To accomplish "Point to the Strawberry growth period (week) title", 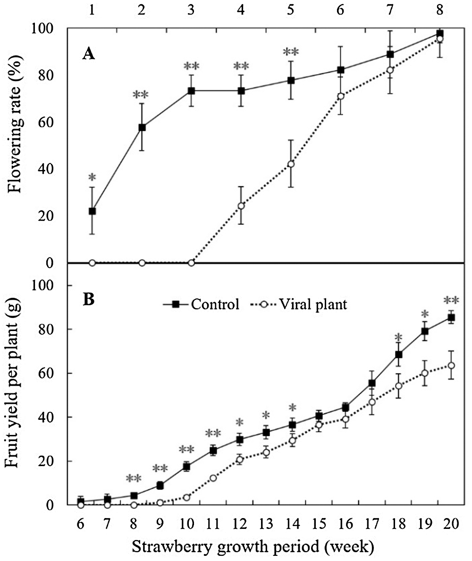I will [x=253, y=548].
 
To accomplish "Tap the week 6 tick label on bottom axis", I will [x=81, y=525].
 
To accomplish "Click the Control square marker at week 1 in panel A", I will [x=92, y=211].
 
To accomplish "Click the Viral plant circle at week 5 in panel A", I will [x=291, y=164].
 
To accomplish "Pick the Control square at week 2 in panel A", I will [x=142, y=127].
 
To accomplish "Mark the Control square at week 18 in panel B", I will [x=399, y=355].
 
